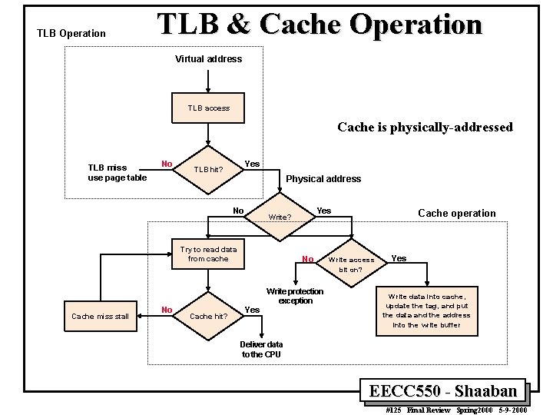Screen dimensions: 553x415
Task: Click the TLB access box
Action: (208, 108)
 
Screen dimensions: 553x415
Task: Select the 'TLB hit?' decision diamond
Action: (208, 170)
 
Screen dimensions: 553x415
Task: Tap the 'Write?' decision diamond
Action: (280, 217)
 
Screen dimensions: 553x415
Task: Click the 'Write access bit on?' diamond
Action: (351, 264)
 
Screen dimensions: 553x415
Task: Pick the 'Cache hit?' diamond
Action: (208, 316)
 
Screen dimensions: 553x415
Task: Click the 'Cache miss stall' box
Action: (101, 316)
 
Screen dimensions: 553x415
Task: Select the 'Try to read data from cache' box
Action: (208, 254)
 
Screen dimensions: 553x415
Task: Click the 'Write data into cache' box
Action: (427, 311)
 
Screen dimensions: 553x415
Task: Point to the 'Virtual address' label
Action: (208, 59)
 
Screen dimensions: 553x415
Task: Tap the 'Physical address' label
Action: (323, 179)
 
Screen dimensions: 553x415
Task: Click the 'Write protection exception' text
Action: (295, 296)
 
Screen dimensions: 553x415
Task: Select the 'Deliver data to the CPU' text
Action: (261, 350)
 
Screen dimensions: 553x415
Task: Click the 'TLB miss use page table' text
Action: (117, 173)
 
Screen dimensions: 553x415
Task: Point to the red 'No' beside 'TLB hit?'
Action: (167, 164)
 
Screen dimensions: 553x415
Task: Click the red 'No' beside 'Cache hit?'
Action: (167, 310)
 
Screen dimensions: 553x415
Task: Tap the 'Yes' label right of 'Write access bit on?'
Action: (399, 259)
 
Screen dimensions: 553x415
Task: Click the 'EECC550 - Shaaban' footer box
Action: (443, 391)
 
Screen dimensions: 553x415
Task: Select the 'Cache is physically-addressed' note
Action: (425, 128)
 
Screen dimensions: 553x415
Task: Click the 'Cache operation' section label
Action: (457, 213)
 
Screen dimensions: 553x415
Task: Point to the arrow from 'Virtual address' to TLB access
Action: (208, 81)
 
